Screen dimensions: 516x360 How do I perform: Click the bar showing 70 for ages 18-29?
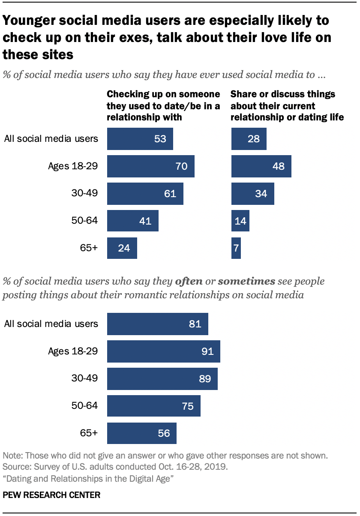[x=150, y=166]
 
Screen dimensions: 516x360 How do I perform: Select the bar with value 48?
[x=261, y=166]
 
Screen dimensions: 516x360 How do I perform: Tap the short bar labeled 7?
[x=236, y=248]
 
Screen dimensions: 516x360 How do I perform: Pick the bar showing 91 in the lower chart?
[x=163, y=351]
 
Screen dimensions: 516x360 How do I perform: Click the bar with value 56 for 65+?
[x=141, y=433]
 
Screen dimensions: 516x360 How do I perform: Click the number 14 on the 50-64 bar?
[x=240, y=221]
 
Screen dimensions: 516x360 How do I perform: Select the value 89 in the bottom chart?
[x=206, y=379]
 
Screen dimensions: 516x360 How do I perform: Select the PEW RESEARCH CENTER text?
[x=51, y=495]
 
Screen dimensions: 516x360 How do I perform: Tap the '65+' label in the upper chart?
[x=89, y=248]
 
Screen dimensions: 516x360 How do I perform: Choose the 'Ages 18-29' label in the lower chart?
[x=73, y=351]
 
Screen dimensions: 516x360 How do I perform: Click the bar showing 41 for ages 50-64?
[x=132, y=221]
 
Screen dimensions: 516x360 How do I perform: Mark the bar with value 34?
[x=252, y=194]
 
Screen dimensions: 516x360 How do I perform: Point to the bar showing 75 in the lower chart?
[x=153, y=406]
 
